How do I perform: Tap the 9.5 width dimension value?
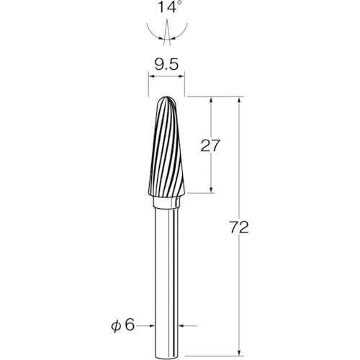(166, 64)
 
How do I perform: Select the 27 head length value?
(210, 145)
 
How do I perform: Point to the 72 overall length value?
(239, 227)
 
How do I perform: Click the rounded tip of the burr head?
(167, 98)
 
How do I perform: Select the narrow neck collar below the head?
(166, 202)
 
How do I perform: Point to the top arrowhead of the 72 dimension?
(239, 99)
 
